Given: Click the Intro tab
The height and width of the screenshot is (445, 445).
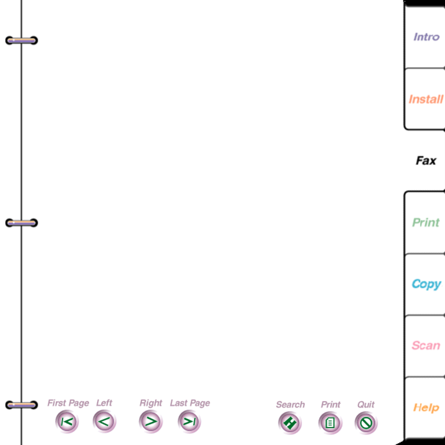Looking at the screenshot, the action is click(x=426, y=37).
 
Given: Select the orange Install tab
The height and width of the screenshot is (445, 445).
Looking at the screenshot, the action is click(x=426, y=99).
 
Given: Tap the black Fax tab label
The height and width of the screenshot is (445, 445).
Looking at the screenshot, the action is click(x=426, y=161).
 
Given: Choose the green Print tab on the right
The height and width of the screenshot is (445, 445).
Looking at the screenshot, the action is click(x=426, y=222).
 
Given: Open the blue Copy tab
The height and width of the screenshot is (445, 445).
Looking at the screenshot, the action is click(x=426, y=284).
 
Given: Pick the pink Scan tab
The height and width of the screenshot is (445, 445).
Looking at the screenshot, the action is click(x=426, y=345).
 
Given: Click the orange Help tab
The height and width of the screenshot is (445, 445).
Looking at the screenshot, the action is click(x=426, y=408).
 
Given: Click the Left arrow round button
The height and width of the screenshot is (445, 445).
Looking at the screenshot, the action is click(x=104, y=421).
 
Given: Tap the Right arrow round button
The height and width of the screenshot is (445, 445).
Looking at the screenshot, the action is click(x=151, y=421).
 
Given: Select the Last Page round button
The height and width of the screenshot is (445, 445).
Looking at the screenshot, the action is click(x=189, y=421).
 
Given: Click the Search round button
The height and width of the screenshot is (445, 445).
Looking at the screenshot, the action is click(x=290, y=423).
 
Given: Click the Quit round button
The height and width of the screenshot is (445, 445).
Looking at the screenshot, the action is click(x=366, y=423).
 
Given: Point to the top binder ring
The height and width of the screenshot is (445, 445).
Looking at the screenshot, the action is click(x=22, y=40).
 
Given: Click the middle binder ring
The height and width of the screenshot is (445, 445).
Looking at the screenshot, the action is click(x=22, y=223).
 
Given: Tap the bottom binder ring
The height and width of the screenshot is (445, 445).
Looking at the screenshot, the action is click(x=22, y=405).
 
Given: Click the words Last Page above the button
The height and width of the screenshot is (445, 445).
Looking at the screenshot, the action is click(x=190, y=403).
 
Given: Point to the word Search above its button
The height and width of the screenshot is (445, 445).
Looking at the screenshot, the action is click(x=290, y=404).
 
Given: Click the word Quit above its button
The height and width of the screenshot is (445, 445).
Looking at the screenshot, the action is click(x=366, y=404).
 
